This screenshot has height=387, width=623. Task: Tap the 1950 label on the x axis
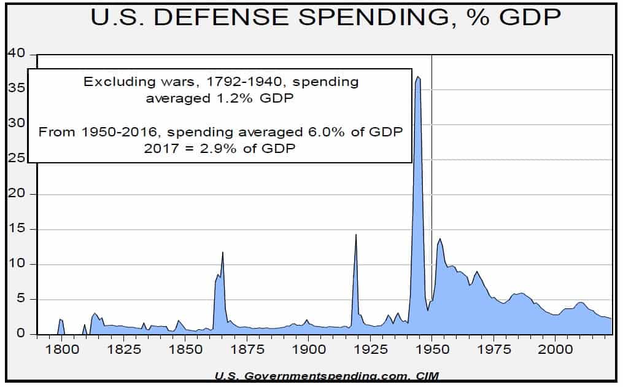point(431,347)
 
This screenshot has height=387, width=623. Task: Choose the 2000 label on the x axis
point(555,347)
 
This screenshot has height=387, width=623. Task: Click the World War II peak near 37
point(418,77)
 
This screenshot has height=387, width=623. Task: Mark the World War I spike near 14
point(356,234)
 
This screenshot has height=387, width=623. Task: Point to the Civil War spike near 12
point(222,252)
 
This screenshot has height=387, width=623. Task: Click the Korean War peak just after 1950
point(439,239)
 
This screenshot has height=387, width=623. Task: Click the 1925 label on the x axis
point(370,347)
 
